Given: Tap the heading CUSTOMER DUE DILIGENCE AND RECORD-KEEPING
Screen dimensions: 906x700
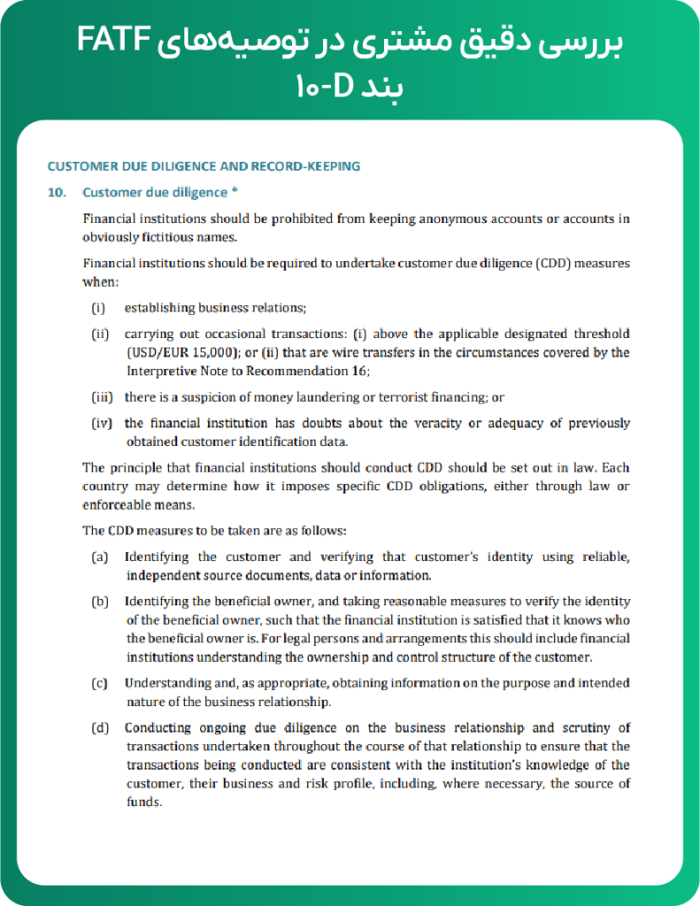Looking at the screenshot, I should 204,166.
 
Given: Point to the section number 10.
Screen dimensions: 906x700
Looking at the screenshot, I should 56,193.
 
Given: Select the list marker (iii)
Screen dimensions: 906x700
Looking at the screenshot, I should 104,397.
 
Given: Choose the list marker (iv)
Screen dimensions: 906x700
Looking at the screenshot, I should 103,423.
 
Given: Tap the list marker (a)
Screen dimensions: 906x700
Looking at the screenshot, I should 100,557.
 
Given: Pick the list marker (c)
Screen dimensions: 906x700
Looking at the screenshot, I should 100,683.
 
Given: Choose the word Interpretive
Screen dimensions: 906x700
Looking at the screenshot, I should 159,370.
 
